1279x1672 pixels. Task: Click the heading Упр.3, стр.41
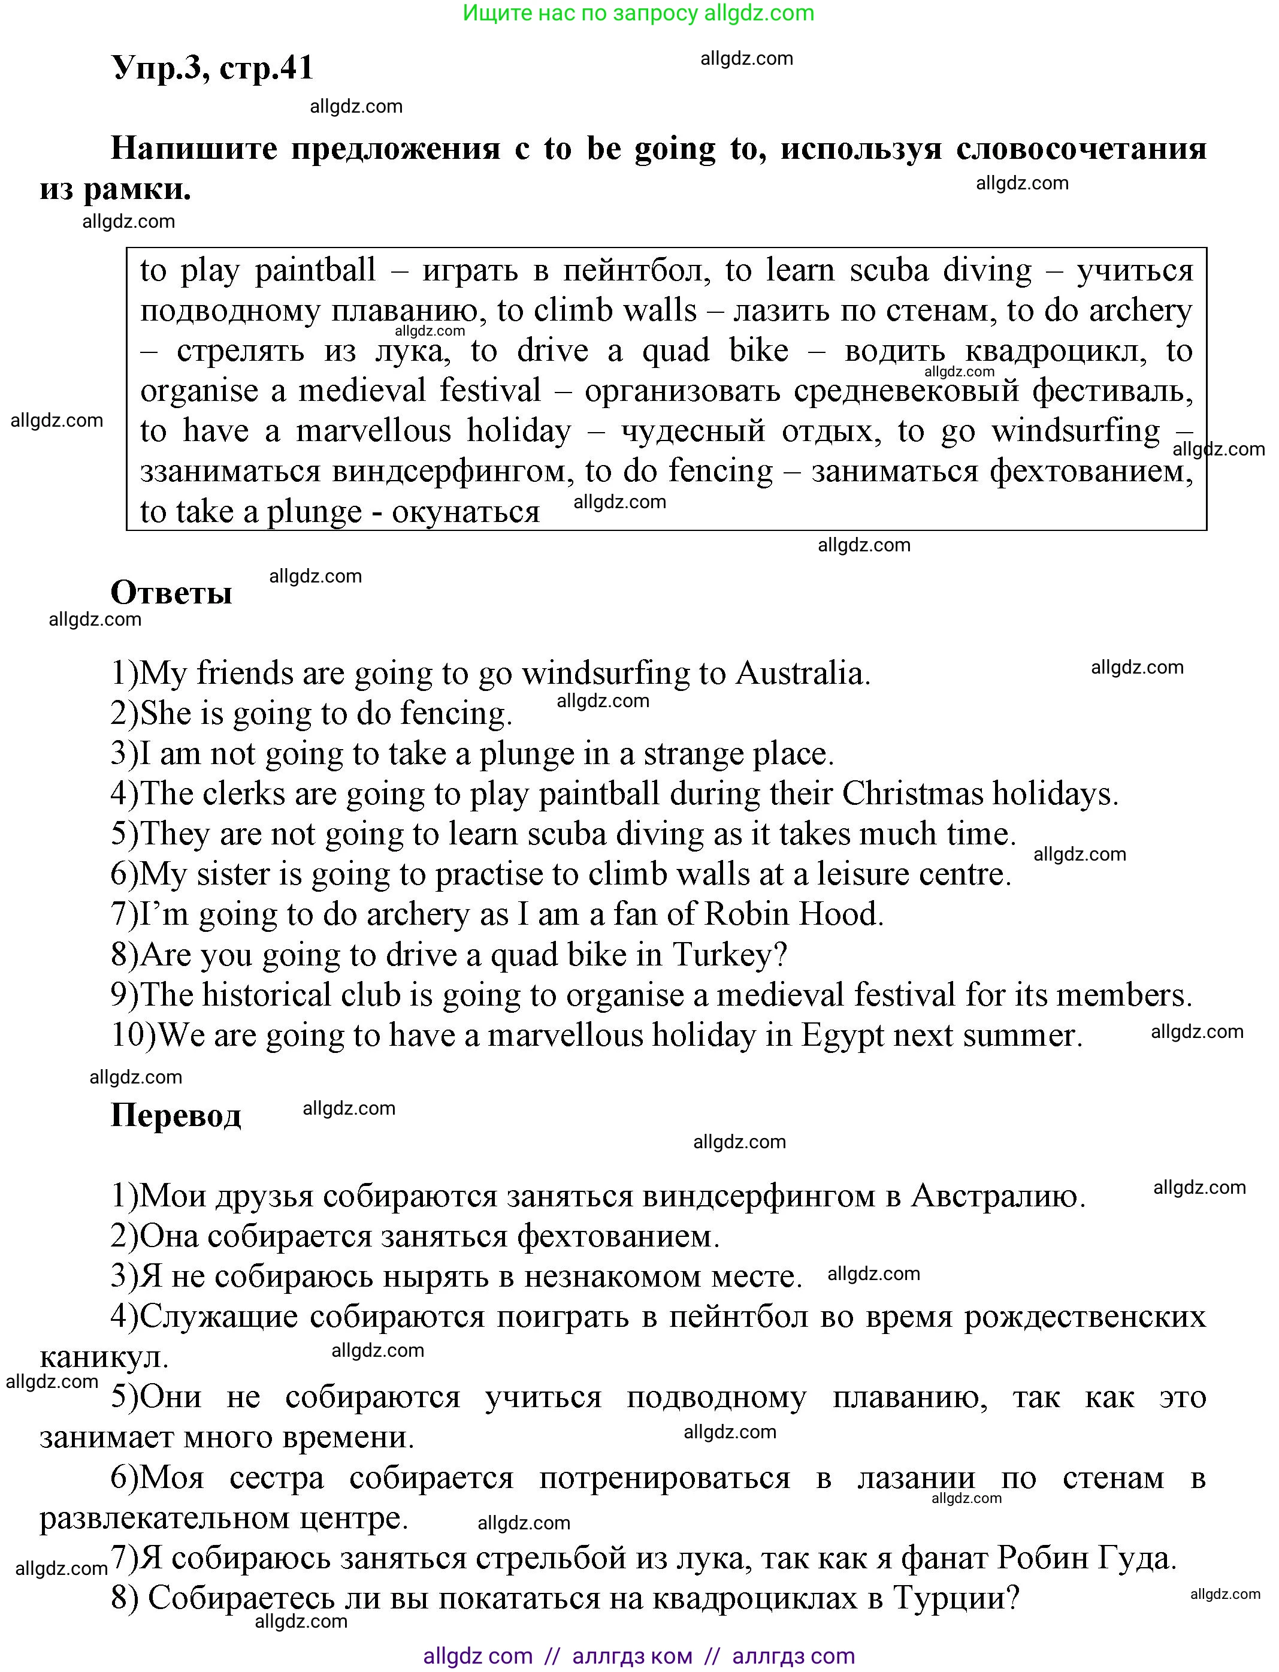click(x=213, y=68)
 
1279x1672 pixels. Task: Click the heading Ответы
click(x=171, y=592)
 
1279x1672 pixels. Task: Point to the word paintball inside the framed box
click(x=315, y=271)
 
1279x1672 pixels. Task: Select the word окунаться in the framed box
click(x=466, y=512)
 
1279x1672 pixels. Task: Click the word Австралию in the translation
click(x=998, y=1196)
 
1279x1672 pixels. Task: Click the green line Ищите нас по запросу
click(x=638, y=13)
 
